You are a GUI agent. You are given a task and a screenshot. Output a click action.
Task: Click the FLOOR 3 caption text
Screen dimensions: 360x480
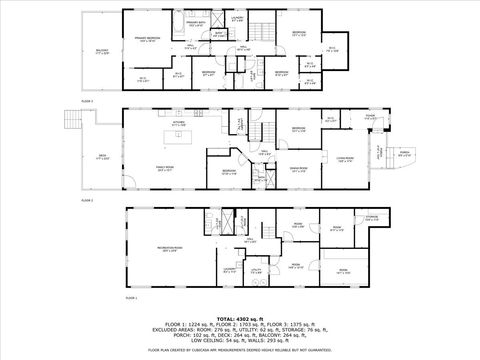tap(87, 101)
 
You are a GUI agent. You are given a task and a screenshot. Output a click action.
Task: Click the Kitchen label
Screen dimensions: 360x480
tap(179, 124)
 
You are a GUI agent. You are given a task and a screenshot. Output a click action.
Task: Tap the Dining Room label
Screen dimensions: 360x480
tap(298, 170)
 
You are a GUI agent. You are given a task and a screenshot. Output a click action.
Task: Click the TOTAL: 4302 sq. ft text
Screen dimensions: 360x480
tap(240, 317)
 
